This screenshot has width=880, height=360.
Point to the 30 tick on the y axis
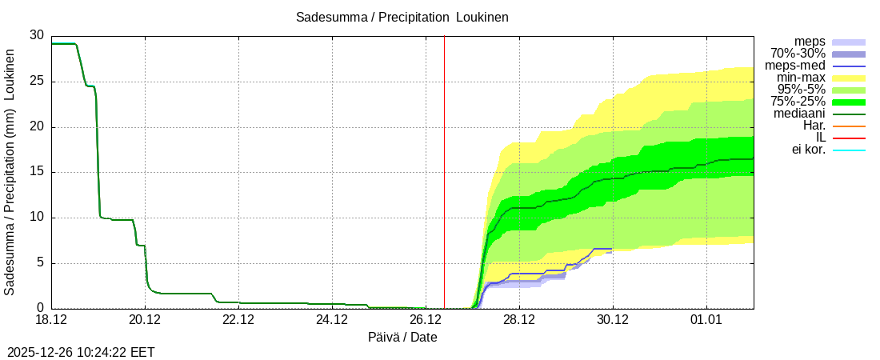[37, 35]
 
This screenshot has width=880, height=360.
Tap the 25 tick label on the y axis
[37, 81]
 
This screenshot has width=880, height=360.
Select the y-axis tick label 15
[37, 172]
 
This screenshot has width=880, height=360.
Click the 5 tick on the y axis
[40, 263]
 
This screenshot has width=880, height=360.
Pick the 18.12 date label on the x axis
[51, 321]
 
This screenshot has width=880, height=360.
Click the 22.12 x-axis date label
[238, 321]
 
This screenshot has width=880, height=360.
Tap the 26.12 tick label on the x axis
[426, 321]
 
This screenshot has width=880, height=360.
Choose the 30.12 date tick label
[613, 321]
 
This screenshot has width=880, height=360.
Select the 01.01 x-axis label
[706, 321]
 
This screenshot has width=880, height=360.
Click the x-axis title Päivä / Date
[402, 337]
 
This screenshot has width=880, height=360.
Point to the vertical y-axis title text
[10, 172]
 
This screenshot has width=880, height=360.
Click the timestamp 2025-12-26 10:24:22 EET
[81, 352]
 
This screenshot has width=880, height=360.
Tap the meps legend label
[810, 42]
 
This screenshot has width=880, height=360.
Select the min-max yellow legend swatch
[849, 78]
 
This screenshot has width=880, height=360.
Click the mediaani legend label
[799, 114]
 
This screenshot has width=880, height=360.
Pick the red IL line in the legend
[849, 138]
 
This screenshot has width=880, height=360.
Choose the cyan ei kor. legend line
[849, 150]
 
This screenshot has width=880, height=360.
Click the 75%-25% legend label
[798, 102]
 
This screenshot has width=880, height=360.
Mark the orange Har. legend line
[849, 126]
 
